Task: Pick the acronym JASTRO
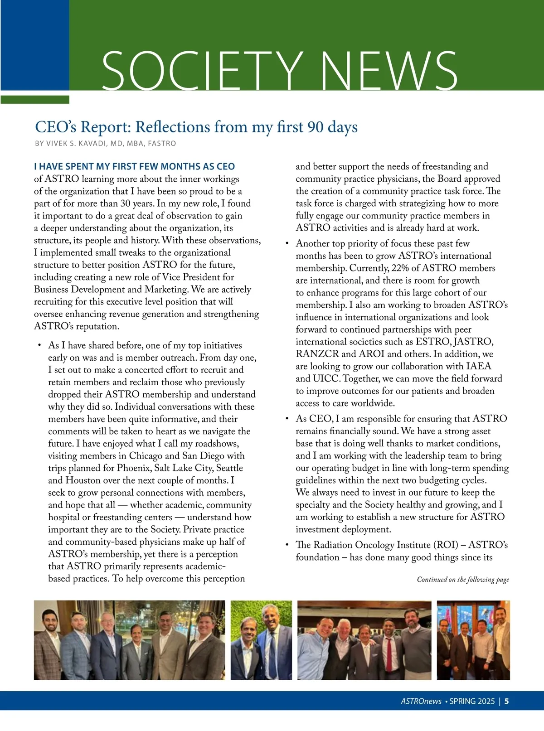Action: (473, 342)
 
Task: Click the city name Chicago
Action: (145, 456)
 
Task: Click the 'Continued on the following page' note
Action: (463, 580)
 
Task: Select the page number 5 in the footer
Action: (506, 701)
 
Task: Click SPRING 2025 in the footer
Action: (472, 701)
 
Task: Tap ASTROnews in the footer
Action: (421, 701)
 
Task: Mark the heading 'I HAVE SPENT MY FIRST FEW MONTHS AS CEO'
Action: (135, 166)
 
